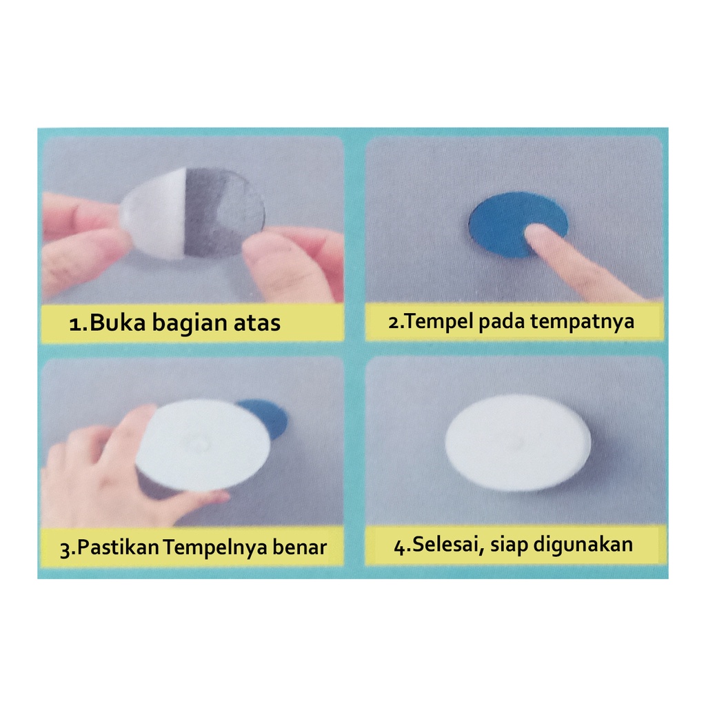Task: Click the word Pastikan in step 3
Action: coord(118,547)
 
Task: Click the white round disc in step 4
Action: coord(518,443)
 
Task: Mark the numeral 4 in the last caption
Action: coord(400,547)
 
